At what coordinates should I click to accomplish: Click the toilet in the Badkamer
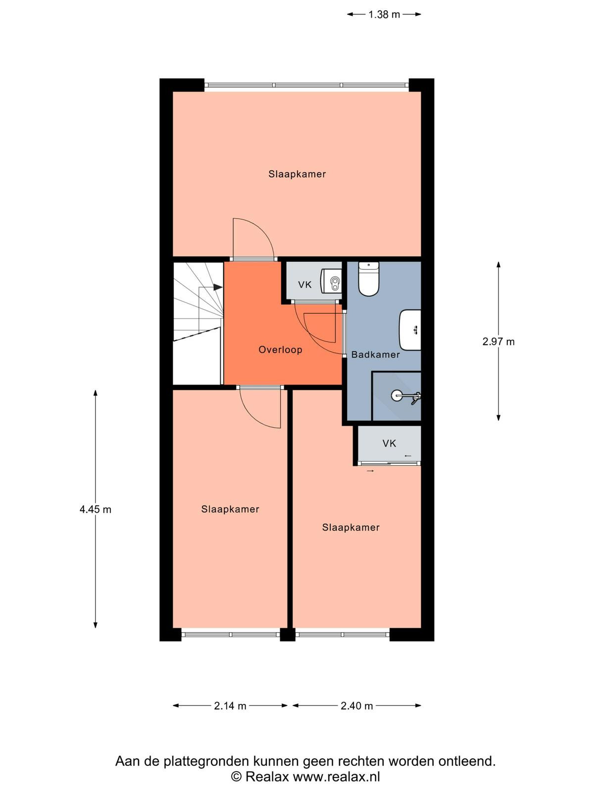point(368,279)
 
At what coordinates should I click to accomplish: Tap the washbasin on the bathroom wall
point(410,330)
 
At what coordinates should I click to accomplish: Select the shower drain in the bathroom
point(396,396)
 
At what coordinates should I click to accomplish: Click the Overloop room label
point(280,349)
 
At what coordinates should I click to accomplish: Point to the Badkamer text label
point(375,355)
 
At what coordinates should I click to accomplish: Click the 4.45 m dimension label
point(95,509)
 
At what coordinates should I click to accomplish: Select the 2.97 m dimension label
point(498,342)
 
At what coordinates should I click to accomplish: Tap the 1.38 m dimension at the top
point(384,14)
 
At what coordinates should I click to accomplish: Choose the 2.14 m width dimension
point(230,706)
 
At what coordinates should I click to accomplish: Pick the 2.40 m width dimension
point(357,706)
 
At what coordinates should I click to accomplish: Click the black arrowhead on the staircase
point(218,287)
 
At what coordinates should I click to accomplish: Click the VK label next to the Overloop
point(305,285)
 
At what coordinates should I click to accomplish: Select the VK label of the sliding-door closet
point(389,444)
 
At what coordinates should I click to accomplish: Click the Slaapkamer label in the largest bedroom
point(297,174)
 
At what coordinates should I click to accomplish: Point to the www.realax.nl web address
point(336,777)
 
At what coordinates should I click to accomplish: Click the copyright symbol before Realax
point(236,777)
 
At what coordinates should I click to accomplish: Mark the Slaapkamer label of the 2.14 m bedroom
point(230,509)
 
